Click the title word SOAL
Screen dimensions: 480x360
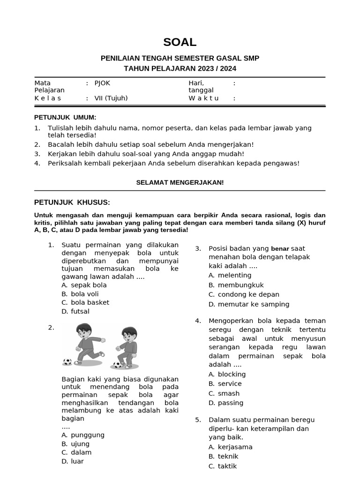[x=180, y=42]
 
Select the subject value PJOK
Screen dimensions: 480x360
[x=102, y=83]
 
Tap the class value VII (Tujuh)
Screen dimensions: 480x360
[x=111, y=98]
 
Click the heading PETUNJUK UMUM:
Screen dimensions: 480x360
[x=65, y=117]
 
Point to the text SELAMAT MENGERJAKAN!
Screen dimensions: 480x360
[x=180, y=182]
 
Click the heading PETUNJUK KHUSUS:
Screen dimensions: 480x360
[x=72, y=202]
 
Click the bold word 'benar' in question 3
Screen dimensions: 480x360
[x=280, y=248]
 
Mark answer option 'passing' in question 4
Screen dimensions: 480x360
[x=231, y=403]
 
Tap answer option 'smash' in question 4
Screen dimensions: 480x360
[x=229, y=393]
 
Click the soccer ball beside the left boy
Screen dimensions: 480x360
[x=67, y=361]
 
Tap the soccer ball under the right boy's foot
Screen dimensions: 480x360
[x=117, y=365]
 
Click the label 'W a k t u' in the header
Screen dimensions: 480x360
[x=204, y=98]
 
